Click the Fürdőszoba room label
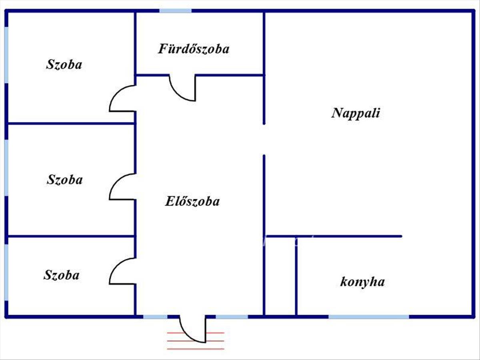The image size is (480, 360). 194,49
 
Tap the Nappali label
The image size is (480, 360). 356,113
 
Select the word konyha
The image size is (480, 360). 362,282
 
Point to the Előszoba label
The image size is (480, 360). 192,201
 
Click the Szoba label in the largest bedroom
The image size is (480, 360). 64,64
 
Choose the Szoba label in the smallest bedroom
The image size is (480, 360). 62,275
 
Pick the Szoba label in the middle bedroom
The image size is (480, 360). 65,180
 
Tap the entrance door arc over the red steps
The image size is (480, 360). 188,334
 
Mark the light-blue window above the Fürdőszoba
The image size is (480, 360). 175,11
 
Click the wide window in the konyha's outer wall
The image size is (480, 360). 369,317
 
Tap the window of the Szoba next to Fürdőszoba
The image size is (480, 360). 6,55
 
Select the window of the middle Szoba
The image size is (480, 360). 6,168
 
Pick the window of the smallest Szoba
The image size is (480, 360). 6,272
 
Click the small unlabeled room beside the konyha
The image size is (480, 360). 280,276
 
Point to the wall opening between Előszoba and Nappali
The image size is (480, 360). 264,140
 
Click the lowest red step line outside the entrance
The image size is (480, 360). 196,349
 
